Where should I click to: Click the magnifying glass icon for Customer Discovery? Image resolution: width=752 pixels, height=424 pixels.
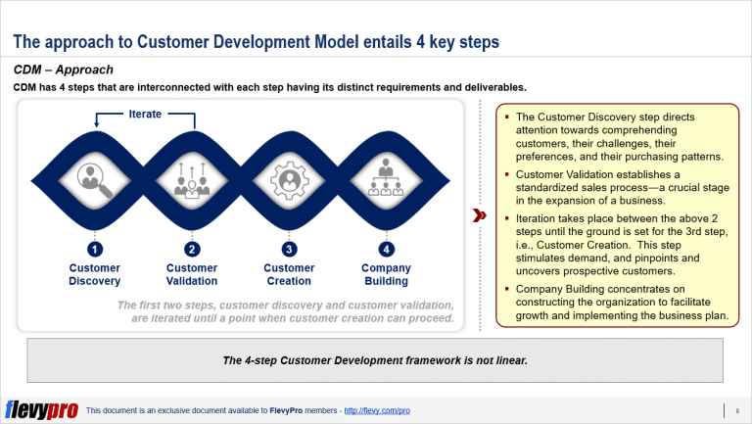94,178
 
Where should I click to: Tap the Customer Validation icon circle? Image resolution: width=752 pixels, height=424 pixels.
192,178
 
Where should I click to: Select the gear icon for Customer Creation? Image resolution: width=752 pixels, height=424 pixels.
289,178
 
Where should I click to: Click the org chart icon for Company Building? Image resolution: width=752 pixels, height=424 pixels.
386,178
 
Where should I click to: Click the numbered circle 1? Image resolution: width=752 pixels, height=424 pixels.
94,248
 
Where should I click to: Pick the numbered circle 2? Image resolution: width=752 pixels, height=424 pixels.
192,248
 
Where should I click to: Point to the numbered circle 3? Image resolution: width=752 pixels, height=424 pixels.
289,248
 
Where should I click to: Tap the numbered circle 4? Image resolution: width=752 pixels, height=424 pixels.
386,248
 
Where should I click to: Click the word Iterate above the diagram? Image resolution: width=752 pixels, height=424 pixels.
145,115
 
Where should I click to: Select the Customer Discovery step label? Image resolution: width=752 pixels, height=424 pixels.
94,274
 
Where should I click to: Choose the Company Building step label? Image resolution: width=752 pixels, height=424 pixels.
386,274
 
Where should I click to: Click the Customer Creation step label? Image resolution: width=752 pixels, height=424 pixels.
289,274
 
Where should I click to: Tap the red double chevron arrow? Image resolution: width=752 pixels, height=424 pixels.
480,214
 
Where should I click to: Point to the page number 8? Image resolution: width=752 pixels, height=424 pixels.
735,409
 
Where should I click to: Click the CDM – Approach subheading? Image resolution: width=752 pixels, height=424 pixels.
63,70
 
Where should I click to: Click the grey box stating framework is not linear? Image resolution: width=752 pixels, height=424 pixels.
375,360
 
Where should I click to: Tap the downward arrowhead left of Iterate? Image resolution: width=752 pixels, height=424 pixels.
95,124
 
